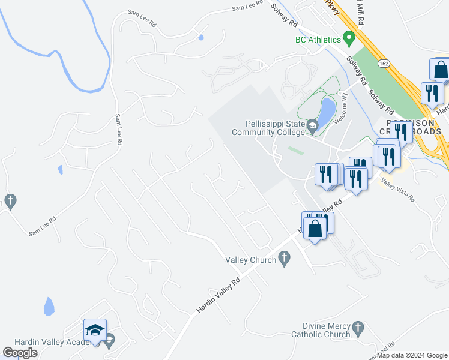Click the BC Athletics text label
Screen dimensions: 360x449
tap(318, 40)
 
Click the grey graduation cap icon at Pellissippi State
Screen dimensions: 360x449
tap(312, 127)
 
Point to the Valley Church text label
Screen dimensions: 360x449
tap(250, 260)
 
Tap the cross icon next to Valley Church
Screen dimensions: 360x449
tap(285, 259)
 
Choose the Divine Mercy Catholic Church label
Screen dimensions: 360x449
tap(321, 330)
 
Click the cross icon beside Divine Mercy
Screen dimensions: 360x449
tap(358, 328)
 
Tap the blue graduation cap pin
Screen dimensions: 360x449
tap(95, 331)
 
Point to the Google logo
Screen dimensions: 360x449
tap(20, 353)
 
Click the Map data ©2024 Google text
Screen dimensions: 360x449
tap(412, 355)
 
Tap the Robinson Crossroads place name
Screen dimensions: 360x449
tap(414, 127)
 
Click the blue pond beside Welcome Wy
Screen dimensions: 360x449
tap(327, 112)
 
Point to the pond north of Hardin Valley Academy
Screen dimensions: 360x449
tap(49, 307)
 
